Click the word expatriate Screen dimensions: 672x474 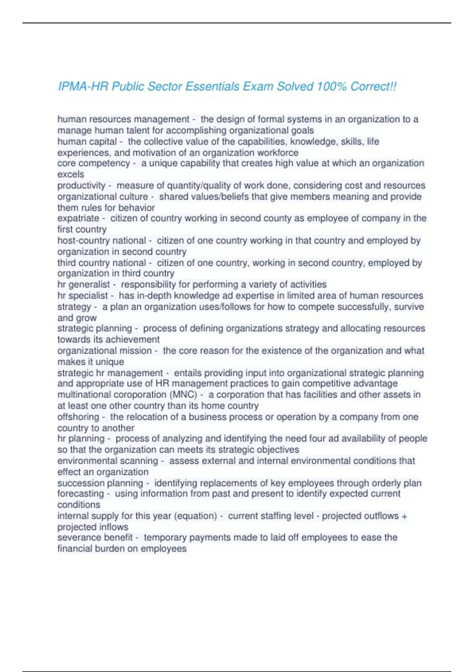[x=78, y=218]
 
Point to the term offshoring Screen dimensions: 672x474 [x=78, y=417]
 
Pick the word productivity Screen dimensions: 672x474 [x=81, y=185]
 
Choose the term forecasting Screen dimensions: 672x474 [x=81, y=494]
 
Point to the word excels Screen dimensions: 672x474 [x=71, y=174]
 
